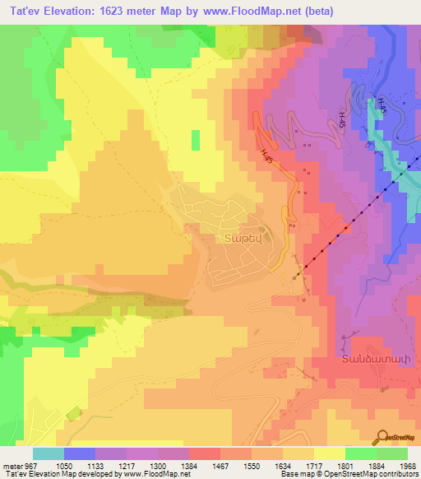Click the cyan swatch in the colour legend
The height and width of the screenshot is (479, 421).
(49, 454)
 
